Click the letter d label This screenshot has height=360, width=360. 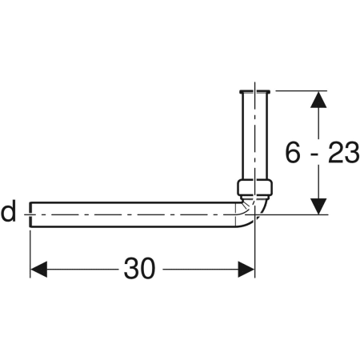tap(8, 214)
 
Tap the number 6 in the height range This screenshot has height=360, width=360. tap(296, 153)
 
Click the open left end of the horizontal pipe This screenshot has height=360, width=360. tap(31, 214)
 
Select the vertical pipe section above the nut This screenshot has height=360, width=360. tap(254, 136)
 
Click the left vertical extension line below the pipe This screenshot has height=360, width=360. tap(30, 252)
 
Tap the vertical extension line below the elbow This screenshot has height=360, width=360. tap(255, 252)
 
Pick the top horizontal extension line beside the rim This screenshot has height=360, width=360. tap(300, 90)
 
